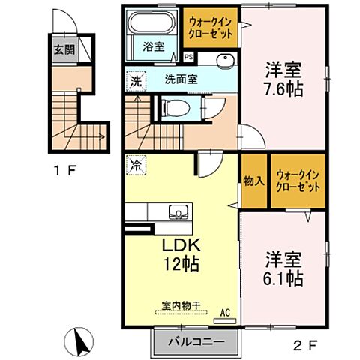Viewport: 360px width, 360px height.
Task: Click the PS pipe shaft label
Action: [x=187, y=56]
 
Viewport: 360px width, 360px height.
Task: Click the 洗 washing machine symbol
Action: [x=136, y=79]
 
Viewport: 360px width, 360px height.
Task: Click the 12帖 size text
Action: [x=180, y=264]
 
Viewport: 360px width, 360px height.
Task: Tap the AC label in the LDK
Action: [x=224, y=313]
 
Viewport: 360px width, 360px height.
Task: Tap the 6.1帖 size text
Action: [x=283, y=277]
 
